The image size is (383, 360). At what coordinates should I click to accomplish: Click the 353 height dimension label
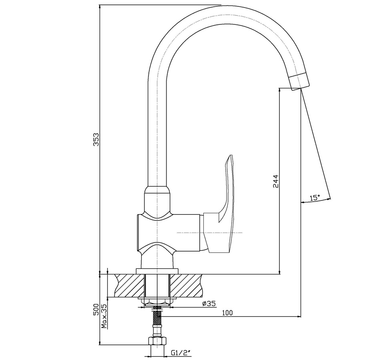click(x=97, y=139)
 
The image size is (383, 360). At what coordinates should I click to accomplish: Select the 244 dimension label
click(x=275, y=181)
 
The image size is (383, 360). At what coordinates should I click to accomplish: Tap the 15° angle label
click(x=315, y=198)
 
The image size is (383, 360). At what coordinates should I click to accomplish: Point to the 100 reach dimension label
click(x=227, y=313)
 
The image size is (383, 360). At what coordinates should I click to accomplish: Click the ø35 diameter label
click(x=209, y=304)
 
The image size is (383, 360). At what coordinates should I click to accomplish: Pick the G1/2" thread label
click(x=180, y=353)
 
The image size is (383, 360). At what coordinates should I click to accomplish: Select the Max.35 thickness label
click(x=104, y=316)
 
